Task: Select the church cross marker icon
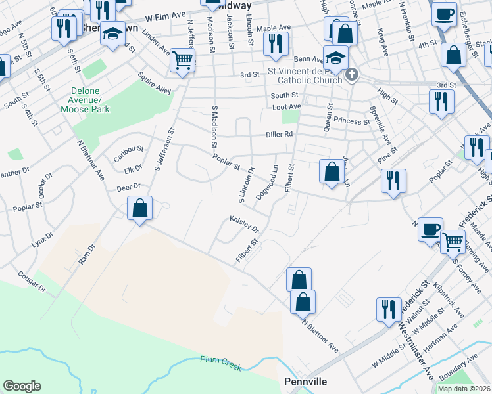coord(353,75)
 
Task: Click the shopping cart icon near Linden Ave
coord(182,60)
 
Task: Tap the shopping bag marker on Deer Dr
coord(139,209)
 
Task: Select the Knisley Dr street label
coord(244,224)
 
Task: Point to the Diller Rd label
coord(280,134)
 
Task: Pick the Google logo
coord(22,385)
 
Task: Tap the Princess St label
coord(352,121)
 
